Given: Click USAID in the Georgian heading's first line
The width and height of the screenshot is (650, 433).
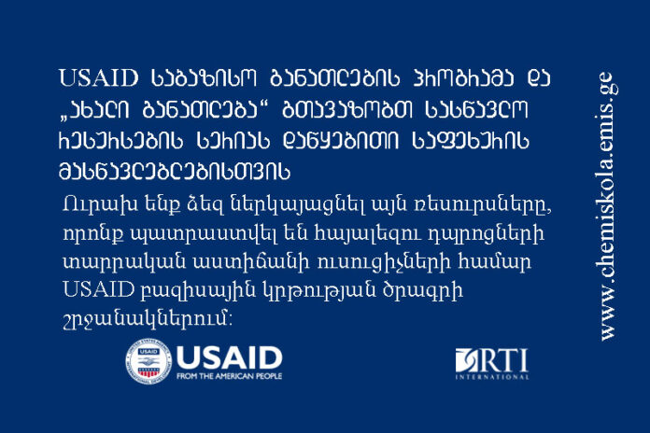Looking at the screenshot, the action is pyautogui.click(x=99, y=77).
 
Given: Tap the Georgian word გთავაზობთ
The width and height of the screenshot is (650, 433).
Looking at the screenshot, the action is pyautogui.click(x=347, y=109).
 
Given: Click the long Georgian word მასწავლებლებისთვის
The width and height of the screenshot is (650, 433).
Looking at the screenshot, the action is pyautogui.click(x=175, y=171).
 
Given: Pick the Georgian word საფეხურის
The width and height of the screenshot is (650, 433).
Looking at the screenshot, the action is pyautogui.click(x=471, y=141).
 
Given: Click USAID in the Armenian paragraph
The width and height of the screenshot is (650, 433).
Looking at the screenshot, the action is pyautogui.click(x=98, y=289).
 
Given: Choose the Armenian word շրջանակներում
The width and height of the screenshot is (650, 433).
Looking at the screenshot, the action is pyautogui.click(x=147, y=320).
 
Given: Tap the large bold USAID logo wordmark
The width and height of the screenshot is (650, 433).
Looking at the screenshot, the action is pyautogui.click(x=229, y=357).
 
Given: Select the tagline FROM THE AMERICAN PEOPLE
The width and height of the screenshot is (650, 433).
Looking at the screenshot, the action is pyautogui.click(x=229, y=376).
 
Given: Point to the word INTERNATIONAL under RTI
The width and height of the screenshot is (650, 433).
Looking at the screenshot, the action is pyautogui.click(x=492, y=377).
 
